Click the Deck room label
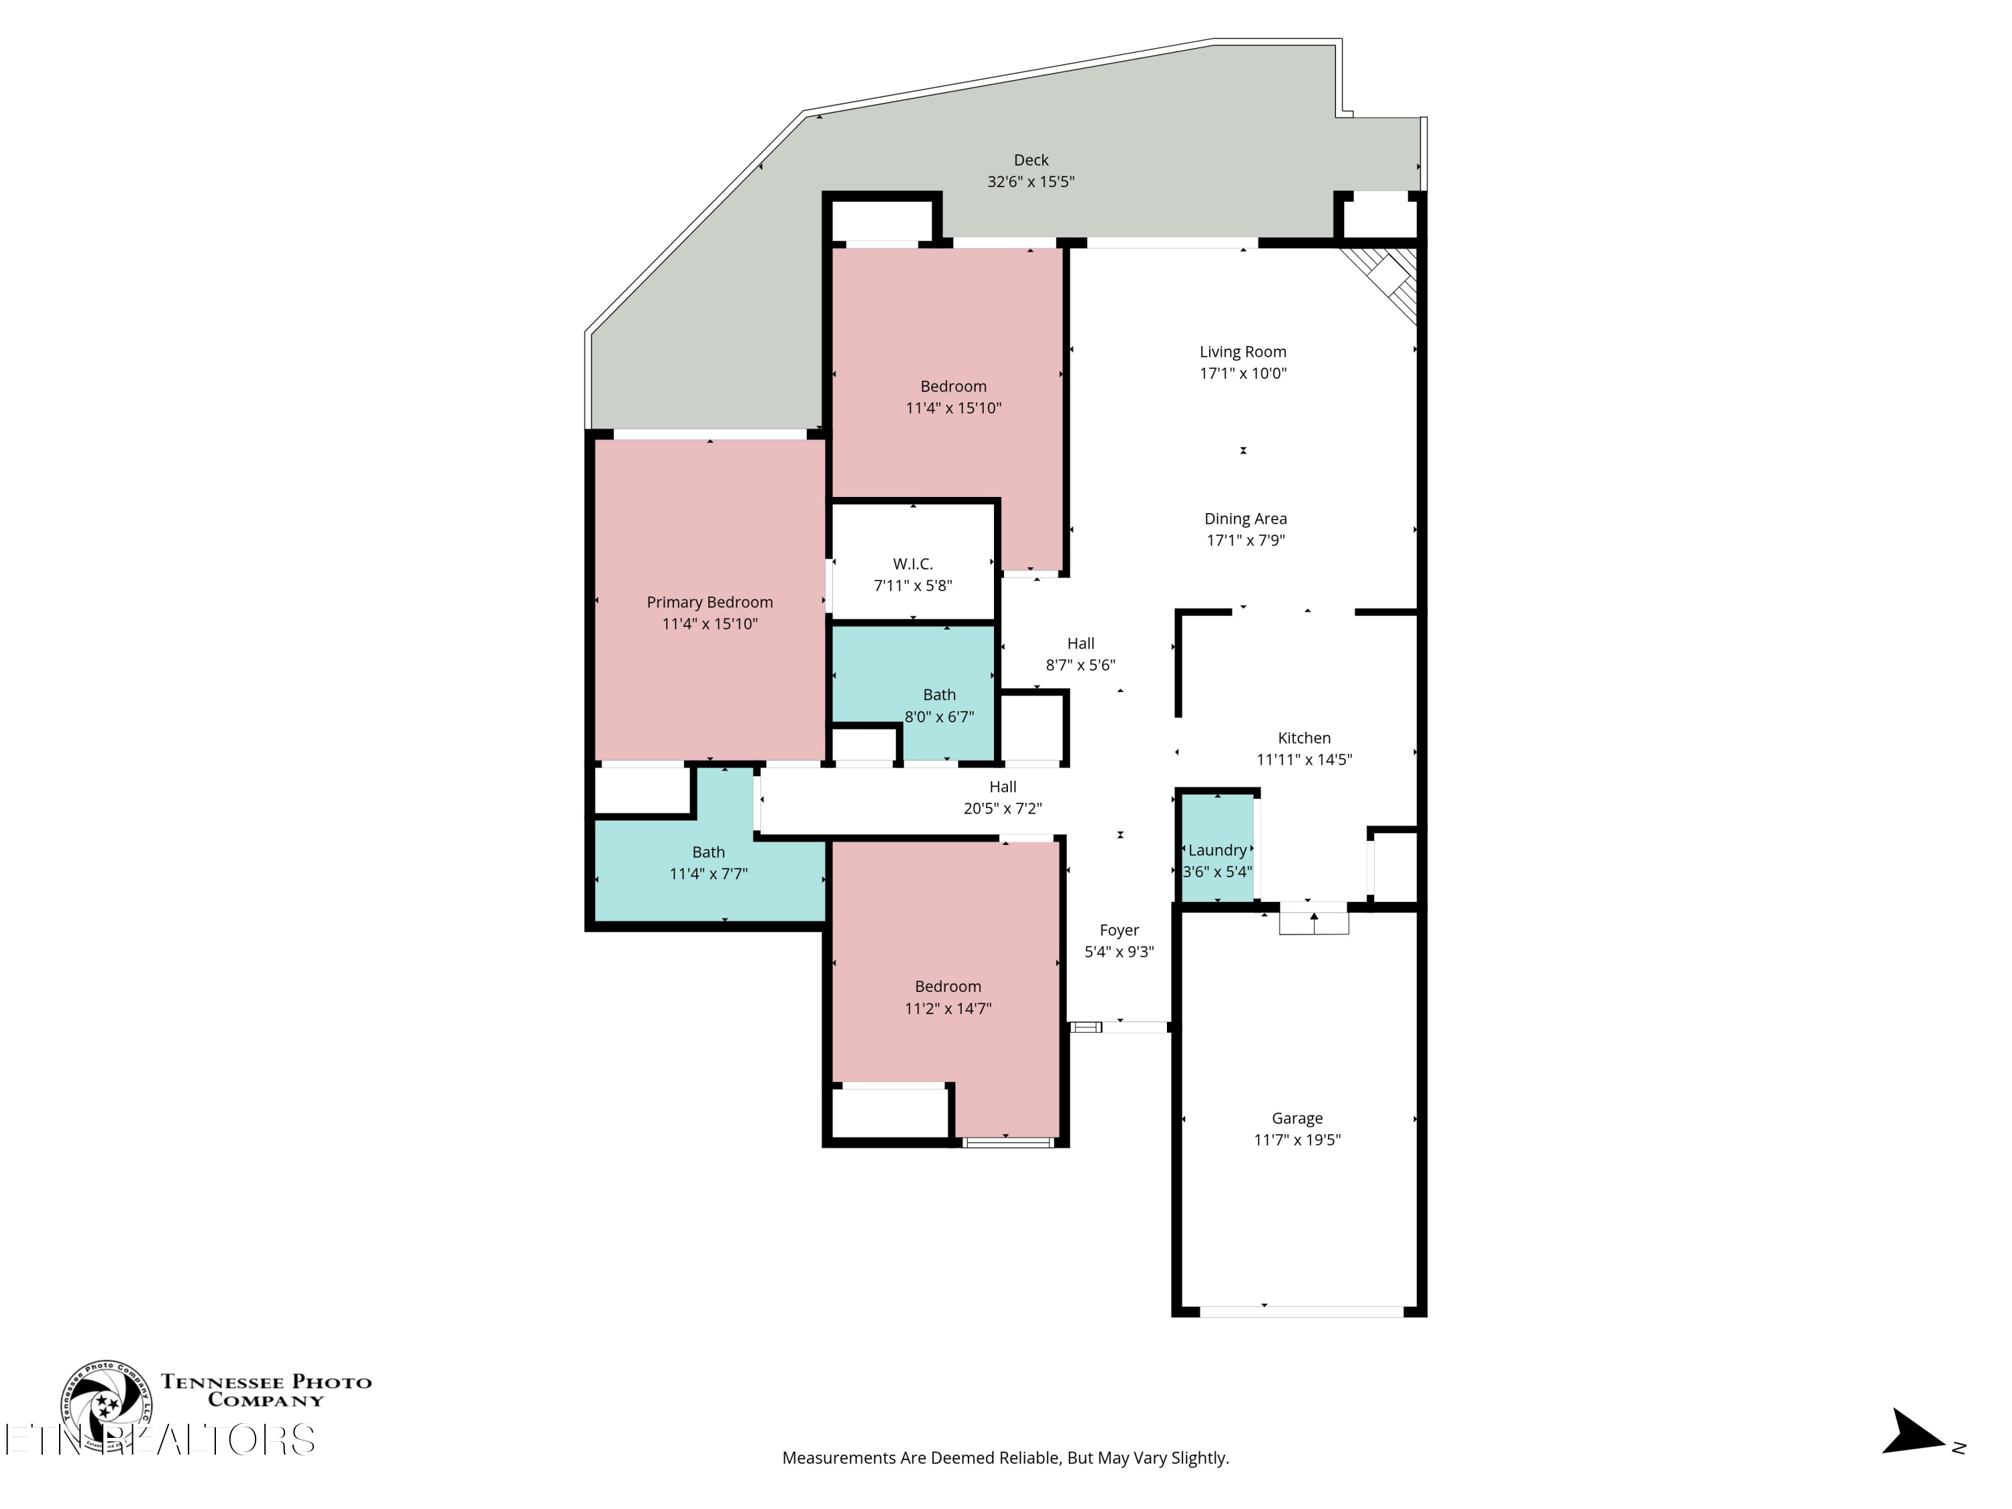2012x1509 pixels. pos(1031,160)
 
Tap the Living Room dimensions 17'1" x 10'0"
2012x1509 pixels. pos(1243,373)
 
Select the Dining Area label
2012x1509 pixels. pos(1245,518)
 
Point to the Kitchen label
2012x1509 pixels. pos(1303,738)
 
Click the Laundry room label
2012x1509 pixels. pos(1217,850)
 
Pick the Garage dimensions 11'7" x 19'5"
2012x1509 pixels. pos(1297,1139)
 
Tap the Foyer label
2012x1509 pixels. pos(1119,930)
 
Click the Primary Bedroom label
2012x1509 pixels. pos(710,602)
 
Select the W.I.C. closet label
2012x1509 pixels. pos(912,564)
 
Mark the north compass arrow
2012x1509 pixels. pos(1915,1432)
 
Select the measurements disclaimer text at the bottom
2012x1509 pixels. pos(1005,1458)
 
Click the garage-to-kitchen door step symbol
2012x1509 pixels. pos(1313,919)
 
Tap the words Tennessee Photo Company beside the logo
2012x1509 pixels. pos(266,1391)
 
